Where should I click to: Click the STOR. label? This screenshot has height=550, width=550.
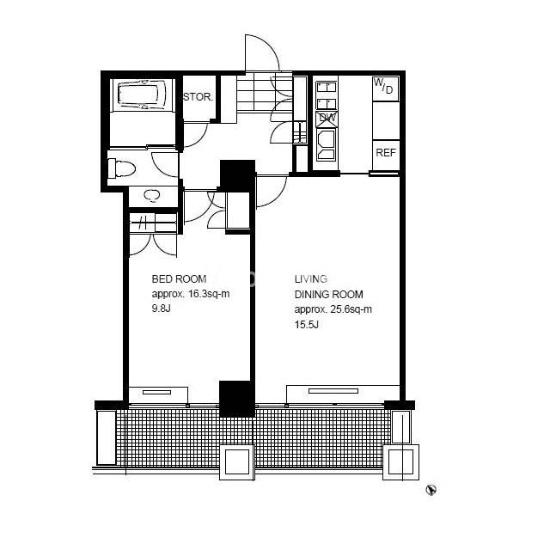tap(199, 97)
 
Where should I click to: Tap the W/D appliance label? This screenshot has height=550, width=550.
tap(383, 86)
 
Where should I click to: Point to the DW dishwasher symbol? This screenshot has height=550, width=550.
tap(327, 119)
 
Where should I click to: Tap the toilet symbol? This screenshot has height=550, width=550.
tap(122, 168)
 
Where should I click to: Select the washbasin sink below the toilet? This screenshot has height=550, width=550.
tap(152, 196)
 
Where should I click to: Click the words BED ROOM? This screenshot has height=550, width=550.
tap(179, 278)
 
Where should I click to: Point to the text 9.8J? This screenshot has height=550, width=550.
tap(161, 309)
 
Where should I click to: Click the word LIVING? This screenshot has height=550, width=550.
tap(311, 278)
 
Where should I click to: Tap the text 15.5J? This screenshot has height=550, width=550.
tap(307, 325)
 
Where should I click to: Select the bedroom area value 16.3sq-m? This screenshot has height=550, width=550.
tap(209, 294)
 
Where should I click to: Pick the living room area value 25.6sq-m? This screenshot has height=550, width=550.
tap(351, 309)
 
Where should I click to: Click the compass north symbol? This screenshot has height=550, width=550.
tap(431, 490)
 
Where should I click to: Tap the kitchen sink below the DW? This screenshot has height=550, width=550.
tap(327, 144)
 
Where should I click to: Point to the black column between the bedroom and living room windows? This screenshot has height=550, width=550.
tap(237, 399)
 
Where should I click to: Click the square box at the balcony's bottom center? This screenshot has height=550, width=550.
tap(237, 462)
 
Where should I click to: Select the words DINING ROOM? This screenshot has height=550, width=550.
tap(328, 294)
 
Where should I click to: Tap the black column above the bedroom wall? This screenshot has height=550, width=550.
tap(237, 175)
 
